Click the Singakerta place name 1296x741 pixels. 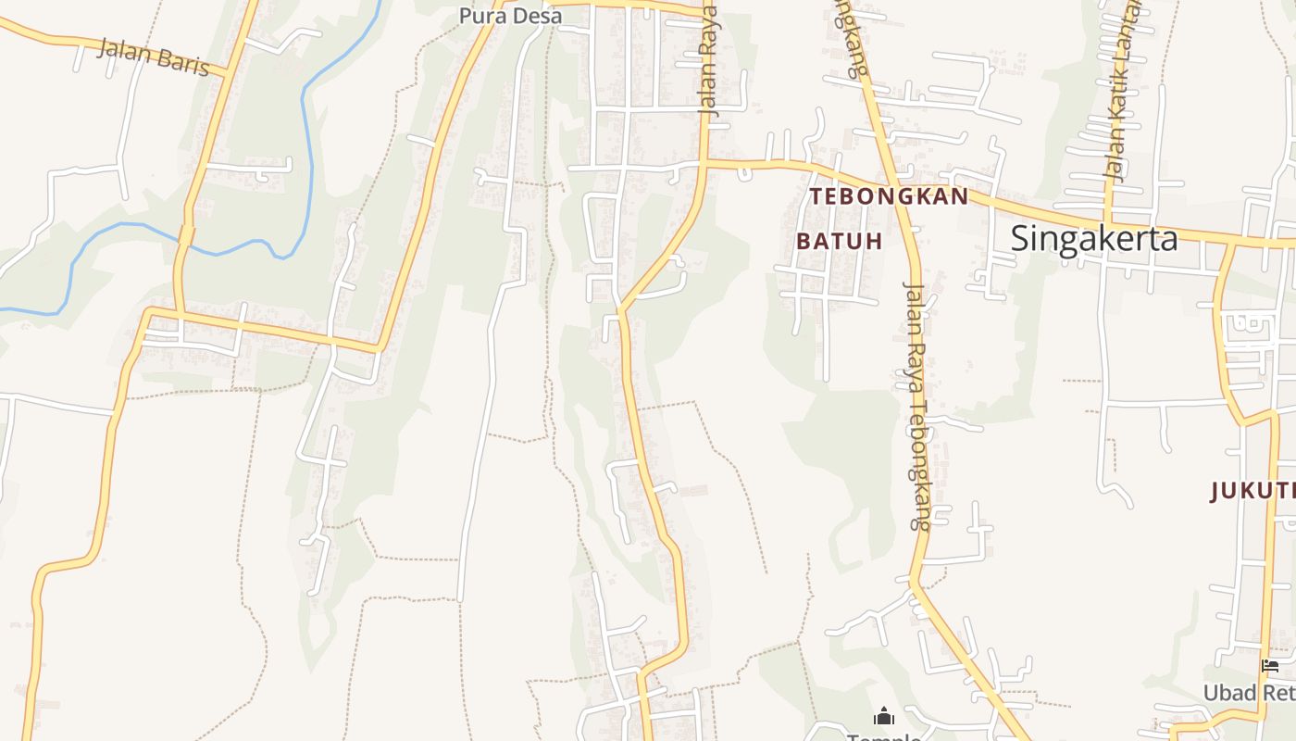coord(1093,239)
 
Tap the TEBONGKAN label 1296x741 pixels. coord(889,196)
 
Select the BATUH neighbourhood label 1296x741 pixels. coord(839,241)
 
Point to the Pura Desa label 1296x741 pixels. coord(510,16)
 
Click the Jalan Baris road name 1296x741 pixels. coord(153,57)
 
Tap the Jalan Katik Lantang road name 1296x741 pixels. coord(1122,93)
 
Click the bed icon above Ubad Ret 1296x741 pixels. coord(1270,665)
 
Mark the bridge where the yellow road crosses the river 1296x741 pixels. coord(186,235)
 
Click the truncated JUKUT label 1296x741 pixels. coord(1252,491)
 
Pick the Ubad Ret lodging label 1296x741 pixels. coord(1248,693)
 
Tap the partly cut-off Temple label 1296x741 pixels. coord(883,737)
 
